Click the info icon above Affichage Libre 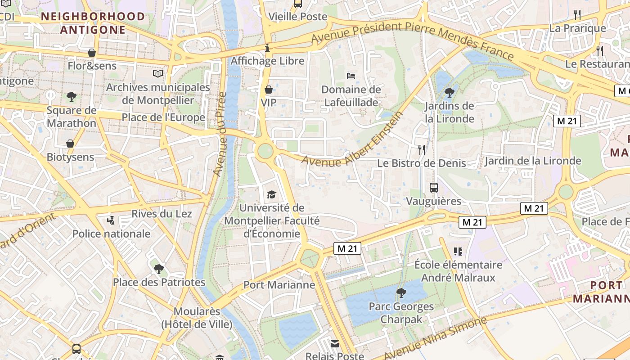(268, 47)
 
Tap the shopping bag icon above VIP (269, 90)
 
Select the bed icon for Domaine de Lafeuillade (351, 76)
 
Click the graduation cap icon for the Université (271, 194)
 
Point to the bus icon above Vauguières (434, 188)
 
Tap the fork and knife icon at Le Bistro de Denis (422, 149)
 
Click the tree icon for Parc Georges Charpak (401, 293)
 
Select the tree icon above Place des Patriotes (158, 269)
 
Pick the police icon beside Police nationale (111, 220)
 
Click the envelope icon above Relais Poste (335, 343)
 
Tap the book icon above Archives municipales (158, 73)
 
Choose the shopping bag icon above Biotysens (70, 144)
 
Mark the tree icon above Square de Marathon (71, 96)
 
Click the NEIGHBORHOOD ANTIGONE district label (93, 23)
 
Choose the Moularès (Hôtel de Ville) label (197, 318)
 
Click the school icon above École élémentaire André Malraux (458, 251)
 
